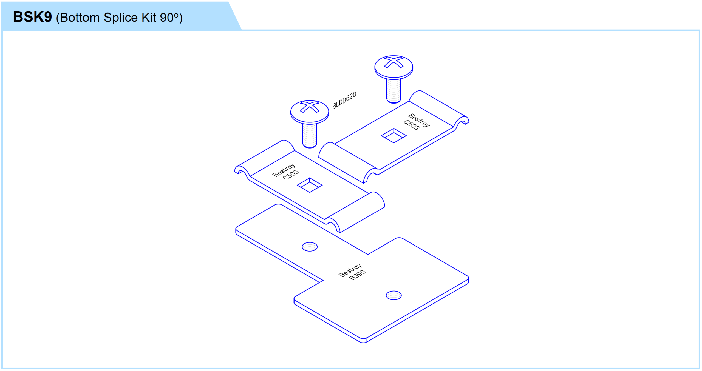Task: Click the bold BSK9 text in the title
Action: (32, 17)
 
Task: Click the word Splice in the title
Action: (121, 18)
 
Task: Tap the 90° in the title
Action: (169, 18)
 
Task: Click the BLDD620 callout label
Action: (344, 100)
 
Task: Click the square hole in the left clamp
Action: (310, 185)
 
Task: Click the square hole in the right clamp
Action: (394, 136)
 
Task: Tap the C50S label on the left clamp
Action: (291, 175)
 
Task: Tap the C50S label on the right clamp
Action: (412, 125)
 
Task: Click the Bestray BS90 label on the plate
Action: (352, 272)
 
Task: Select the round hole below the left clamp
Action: (310, 247)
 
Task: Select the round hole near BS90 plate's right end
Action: (394, 295)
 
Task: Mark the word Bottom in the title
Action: (80, 18)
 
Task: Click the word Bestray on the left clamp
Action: (284, 170)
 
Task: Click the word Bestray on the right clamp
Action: (419, 120)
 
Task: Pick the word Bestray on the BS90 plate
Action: (350, 270)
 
